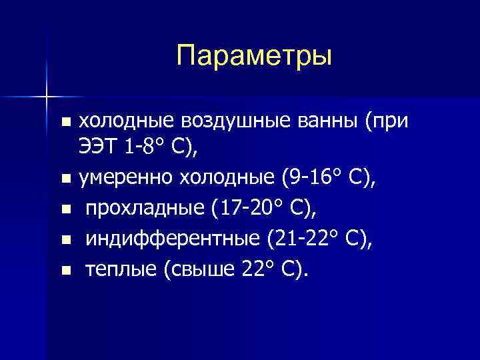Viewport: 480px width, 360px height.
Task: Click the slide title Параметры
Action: click(x=254, y=55)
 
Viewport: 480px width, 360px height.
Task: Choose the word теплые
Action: click(x=117, y=270)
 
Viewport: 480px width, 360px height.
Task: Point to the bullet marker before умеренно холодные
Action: click(x=65, y=179)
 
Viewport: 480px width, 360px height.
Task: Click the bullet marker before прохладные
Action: click(x=65, y=209)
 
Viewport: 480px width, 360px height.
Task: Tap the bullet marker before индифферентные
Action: click(x=65, y=240)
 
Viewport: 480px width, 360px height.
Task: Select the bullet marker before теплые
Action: click(x=65, y=271)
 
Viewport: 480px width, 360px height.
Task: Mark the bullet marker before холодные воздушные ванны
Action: click(x=65, y=122)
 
